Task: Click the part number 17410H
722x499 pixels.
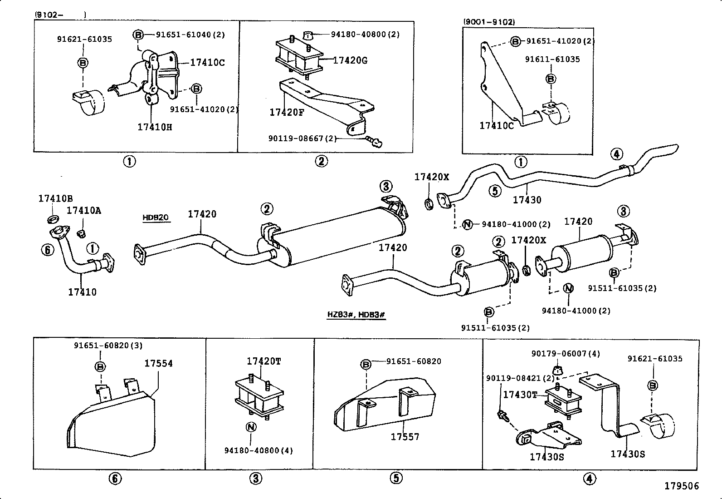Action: click(155, 127)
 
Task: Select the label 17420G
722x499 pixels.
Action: click(350, 60)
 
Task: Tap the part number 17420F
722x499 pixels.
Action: click(287, 112)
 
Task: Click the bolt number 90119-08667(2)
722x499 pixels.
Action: click(302, 138)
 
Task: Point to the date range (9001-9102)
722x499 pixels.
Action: click(489, 22)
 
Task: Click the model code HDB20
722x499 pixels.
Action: click(156, 217)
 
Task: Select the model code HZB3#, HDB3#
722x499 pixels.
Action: click(356, 314)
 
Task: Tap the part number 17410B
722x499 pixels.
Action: click(55, 198)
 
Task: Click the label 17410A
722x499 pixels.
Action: click(84, 210)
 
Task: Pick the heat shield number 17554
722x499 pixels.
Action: click(158, 363)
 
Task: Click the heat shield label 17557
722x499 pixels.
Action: click(405, 437)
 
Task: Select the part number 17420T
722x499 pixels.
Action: click(263, 361)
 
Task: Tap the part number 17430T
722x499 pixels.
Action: click(520, 395)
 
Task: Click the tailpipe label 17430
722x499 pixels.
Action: click(527, 199)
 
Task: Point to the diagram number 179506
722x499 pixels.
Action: click(682, 486)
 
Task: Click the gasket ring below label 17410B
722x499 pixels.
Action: click(53, 220)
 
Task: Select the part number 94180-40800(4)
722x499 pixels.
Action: click(259, 450)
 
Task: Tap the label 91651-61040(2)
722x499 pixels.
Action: click(190, 35)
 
